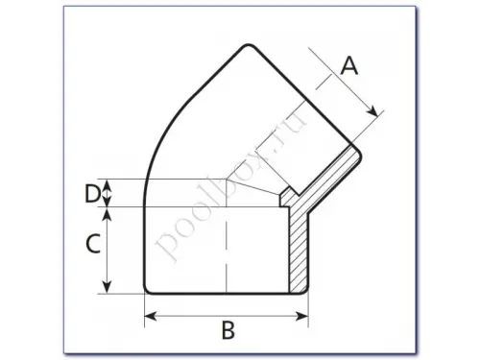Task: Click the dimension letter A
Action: click(349, 65)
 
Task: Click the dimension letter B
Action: click(228, 330)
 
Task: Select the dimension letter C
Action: click(93, 244)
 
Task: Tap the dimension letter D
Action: click(92, 193)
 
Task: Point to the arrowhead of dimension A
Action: click(372, 111)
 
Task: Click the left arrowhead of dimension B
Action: click(151, 317)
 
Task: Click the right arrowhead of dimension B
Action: click(301, 317)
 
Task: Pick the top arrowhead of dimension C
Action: click(108, 214)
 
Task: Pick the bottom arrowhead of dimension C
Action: click(108, 287)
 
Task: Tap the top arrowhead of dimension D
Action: click(108, 185)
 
